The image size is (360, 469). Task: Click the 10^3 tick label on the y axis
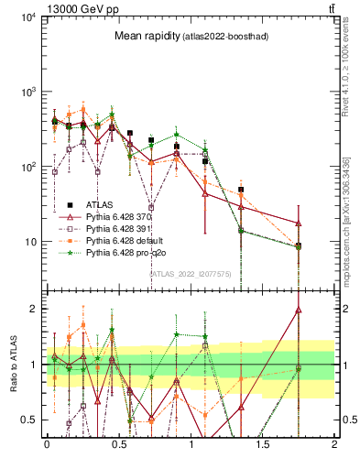click(x=27, y=93)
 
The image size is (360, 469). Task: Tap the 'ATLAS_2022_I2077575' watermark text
click(x=191, y=273)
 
